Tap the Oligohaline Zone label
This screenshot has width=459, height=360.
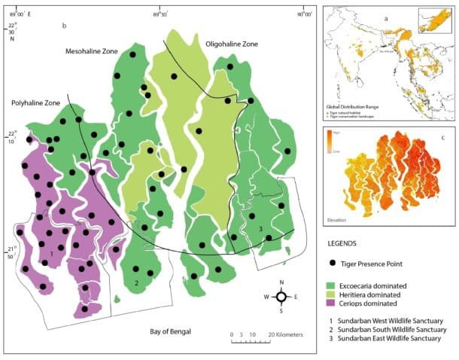coord(231,44)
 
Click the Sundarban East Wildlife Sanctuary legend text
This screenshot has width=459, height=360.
coord(392,340)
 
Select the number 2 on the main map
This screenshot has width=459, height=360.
coord(136,283)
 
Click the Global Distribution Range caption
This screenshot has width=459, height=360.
coord(352,108)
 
